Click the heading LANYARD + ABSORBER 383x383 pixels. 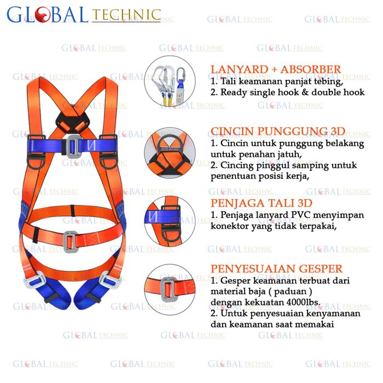pyautogui.click(x=275, y=69)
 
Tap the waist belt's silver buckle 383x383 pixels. pyautogui.click(x=69, y=241)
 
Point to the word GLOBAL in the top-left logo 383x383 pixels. pyautogui.click(x=48, y=14)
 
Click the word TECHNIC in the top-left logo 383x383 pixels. pyautogui.click(x=127, y=15)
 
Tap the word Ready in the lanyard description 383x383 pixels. pyautogui.click(x=234, y=92)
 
